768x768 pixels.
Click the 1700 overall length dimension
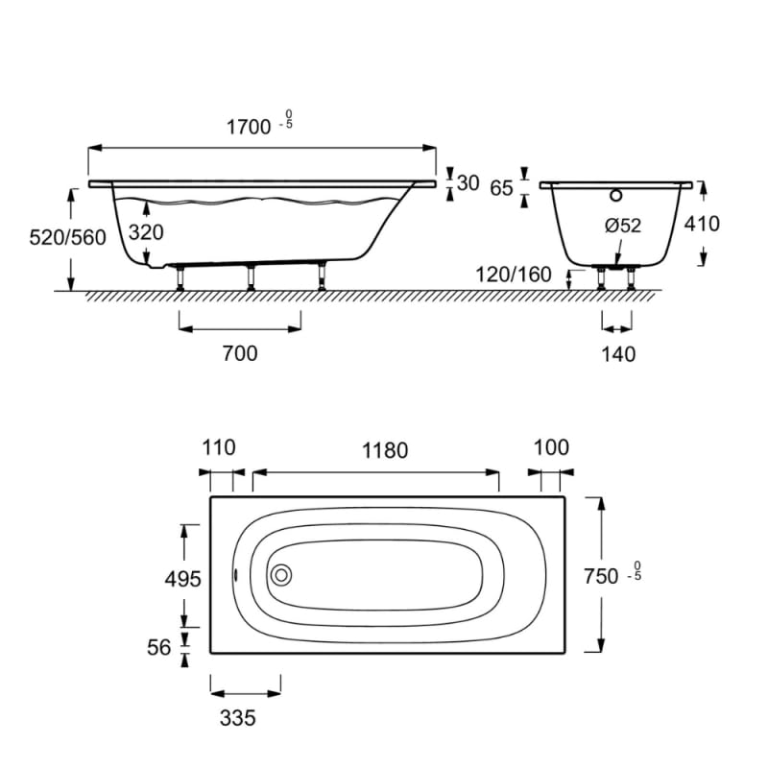click(x=249, y=128)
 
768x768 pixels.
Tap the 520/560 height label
click(x=67, y=237)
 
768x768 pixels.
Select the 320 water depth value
click(x=146, y=232)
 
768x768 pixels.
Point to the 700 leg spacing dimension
click(x=240, y=353)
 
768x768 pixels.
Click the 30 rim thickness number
click(x=468, y=183)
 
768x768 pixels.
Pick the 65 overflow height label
click(x=501, y=188)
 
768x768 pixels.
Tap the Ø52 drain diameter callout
click(x=623, y=226)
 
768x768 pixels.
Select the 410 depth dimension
click(x=702, y=224)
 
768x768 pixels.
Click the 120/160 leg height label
click(x=514, y=275)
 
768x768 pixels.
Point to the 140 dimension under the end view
click(x=618, y=354)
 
